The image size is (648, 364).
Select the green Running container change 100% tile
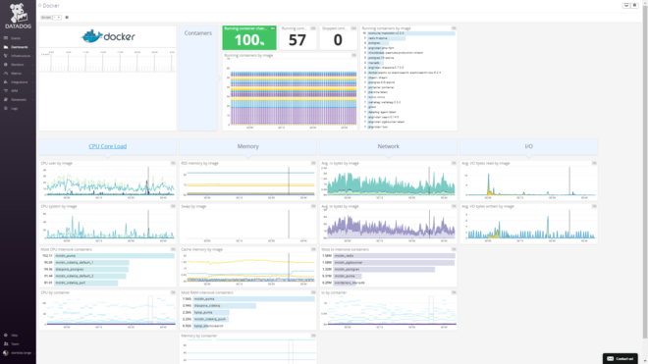pyautogui.click(x=249, y=38)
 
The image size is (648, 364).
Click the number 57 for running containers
pyautogui.click(x=297, y=40)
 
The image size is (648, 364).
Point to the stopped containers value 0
pyautogui.click(x=338, y=40)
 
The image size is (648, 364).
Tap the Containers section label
pyautogui.click(x=198, y=33)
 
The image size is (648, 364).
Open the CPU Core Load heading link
pyautogui.click(x=107, y=146)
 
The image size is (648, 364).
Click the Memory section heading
pyautogui.click(x=248, y=146)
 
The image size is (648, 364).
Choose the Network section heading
pyautogui.click(x=389, y=146)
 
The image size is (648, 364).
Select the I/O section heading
pyautogui.click(x=528, y=146)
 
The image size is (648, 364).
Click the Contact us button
pyautogui.click(x=621, y=358)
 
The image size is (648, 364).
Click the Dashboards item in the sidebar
pyautogui.click(x=19, y=46)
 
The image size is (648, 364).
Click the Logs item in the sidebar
pyautogui.click(x=15, y=108)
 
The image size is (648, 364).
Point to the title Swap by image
pyautogui.click(x=193, y=206)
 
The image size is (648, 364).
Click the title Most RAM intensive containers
pyautogui.click(x=207, y=292)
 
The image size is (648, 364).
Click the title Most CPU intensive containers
pyautogui.click(x=67, y=249)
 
